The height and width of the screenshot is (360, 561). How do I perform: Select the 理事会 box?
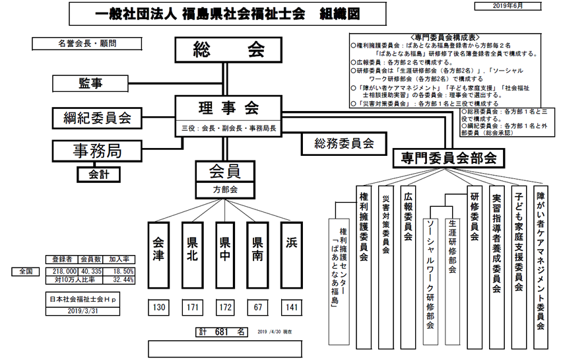pyautogui.click(x=228, y=108)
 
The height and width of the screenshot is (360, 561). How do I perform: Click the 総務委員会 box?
pyautogui.click(x=344, y=142)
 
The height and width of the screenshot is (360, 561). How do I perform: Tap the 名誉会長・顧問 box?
pyautogui.click(x=79, y=44)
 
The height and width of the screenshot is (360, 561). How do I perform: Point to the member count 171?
pyautogui.click(x=193, y=308)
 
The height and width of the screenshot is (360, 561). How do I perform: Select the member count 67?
pyautogui.click(x=259, y=308)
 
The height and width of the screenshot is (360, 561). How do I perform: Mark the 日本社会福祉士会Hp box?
pyautogui.click(x=81, y=299)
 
